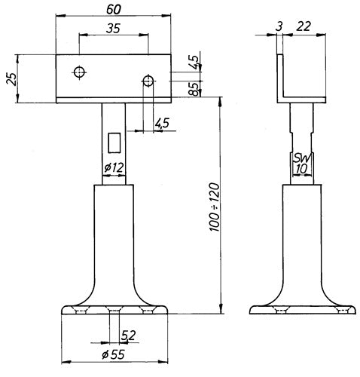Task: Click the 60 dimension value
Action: (114, 9)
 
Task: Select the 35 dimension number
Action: (113, 29)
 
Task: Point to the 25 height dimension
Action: (12, 79)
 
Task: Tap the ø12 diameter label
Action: (114, 167)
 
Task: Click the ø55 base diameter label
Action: (113, 354)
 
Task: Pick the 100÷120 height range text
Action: (214, 207)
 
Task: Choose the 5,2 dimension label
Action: (128, 336)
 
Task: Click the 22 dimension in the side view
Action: (304, 26)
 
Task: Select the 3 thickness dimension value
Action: (279, 26)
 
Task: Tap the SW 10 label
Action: (302, 164)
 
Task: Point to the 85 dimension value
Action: (194, 89)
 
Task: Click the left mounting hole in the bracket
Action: (80, 72)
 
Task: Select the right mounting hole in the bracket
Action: (148, 81)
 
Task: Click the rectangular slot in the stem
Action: (114, 143)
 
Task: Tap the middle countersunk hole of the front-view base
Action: (114, 310)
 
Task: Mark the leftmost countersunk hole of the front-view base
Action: (81, 310)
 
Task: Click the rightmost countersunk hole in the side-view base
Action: (343, 310)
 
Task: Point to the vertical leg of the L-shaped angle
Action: (280, 75)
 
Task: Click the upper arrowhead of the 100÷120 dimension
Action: (221, 102)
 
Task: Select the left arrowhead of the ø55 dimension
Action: (66, 362)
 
